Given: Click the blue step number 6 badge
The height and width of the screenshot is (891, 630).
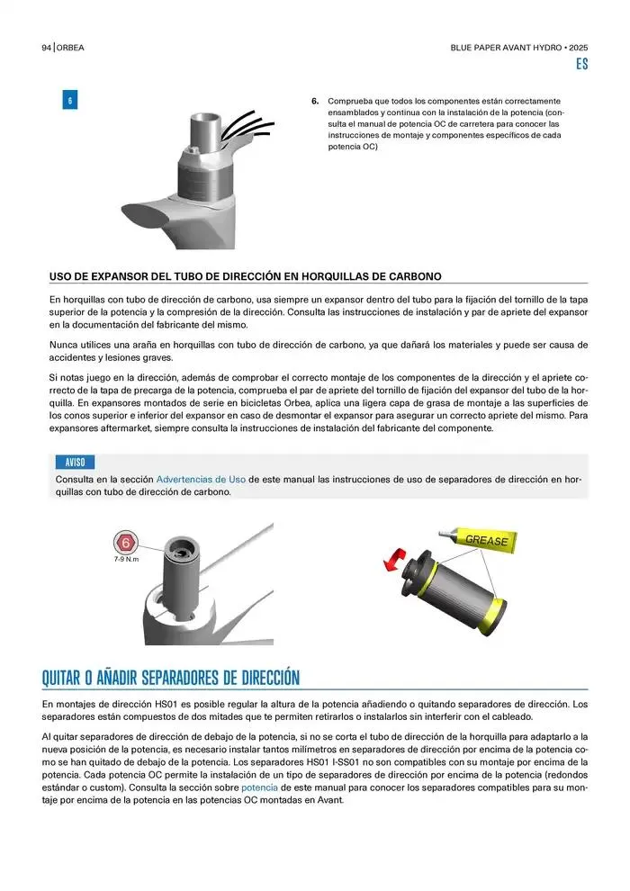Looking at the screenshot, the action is click(70, 100).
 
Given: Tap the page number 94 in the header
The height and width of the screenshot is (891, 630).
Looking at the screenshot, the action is click(47, 48).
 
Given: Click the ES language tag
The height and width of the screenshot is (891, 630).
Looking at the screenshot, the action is click(581, 64).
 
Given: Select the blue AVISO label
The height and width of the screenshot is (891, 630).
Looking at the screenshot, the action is click(75, 462).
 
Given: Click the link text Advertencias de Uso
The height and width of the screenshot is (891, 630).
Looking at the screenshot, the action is click(201, 480).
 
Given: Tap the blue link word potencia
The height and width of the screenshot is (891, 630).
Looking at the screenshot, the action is click(259, 787).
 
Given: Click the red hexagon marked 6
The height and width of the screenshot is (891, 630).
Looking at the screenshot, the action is click(125, 543).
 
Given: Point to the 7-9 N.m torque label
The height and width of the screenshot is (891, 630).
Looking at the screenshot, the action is click(126, 559).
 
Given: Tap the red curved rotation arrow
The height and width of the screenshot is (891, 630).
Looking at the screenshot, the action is click(394, 559).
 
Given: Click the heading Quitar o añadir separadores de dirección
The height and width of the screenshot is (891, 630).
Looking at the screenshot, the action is click(170, 678).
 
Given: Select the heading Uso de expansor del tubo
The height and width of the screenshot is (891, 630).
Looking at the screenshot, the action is click(246, 276).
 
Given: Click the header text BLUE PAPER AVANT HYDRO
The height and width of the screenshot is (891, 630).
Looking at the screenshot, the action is click(506, 48).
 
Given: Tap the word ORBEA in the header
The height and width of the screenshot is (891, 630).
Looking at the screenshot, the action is click(70, 48).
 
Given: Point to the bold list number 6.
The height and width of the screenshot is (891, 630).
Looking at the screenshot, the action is click(315, 101).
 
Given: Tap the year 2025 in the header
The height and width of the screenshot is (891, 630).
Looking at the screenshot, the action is click(579, 48).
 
